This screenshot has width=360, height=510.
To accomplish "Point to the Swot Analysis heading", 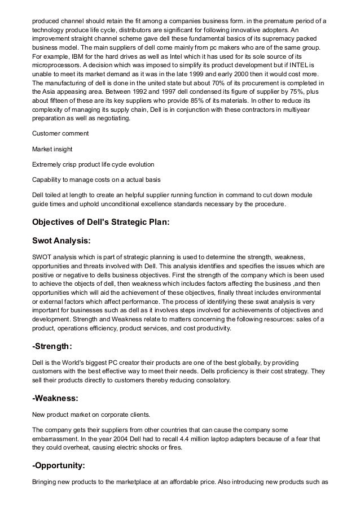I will pos(61,241).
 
